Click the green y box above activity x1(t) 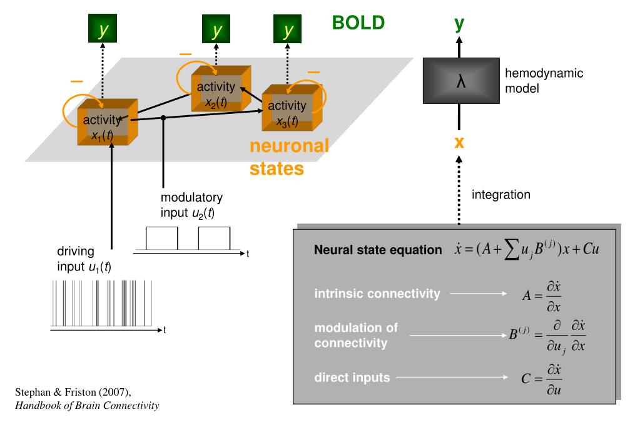coord(103,28)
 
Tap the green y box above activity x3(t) coord(287,29)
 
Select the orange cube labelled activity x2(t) coord(221,89)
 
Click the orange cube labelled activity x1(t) coord(108,121)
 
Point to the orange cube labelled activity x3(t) coord(292,108)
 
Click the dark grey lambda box coord(461,81)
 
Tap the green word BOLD coord(358,23)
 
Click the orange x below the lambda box coord(459,142)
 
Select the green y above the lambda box coord(459,24)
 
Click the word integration coord(501,195)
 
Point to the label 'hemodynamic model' coord(544,81)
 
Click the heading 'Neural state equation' coord(378,250)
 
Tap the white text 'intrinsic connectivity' coord(377,294)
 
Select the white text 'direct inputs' coord(352,378)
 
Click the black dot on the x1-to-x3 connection coord(163,118)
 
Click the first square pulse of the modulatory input coord(161,238)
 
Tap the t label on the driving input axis coord(165,330)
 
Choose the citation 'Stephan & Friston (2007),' coord(73,393)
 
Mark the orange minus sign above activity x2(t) coord(185,54)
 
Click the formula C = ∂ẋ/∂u coord(541,379)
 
